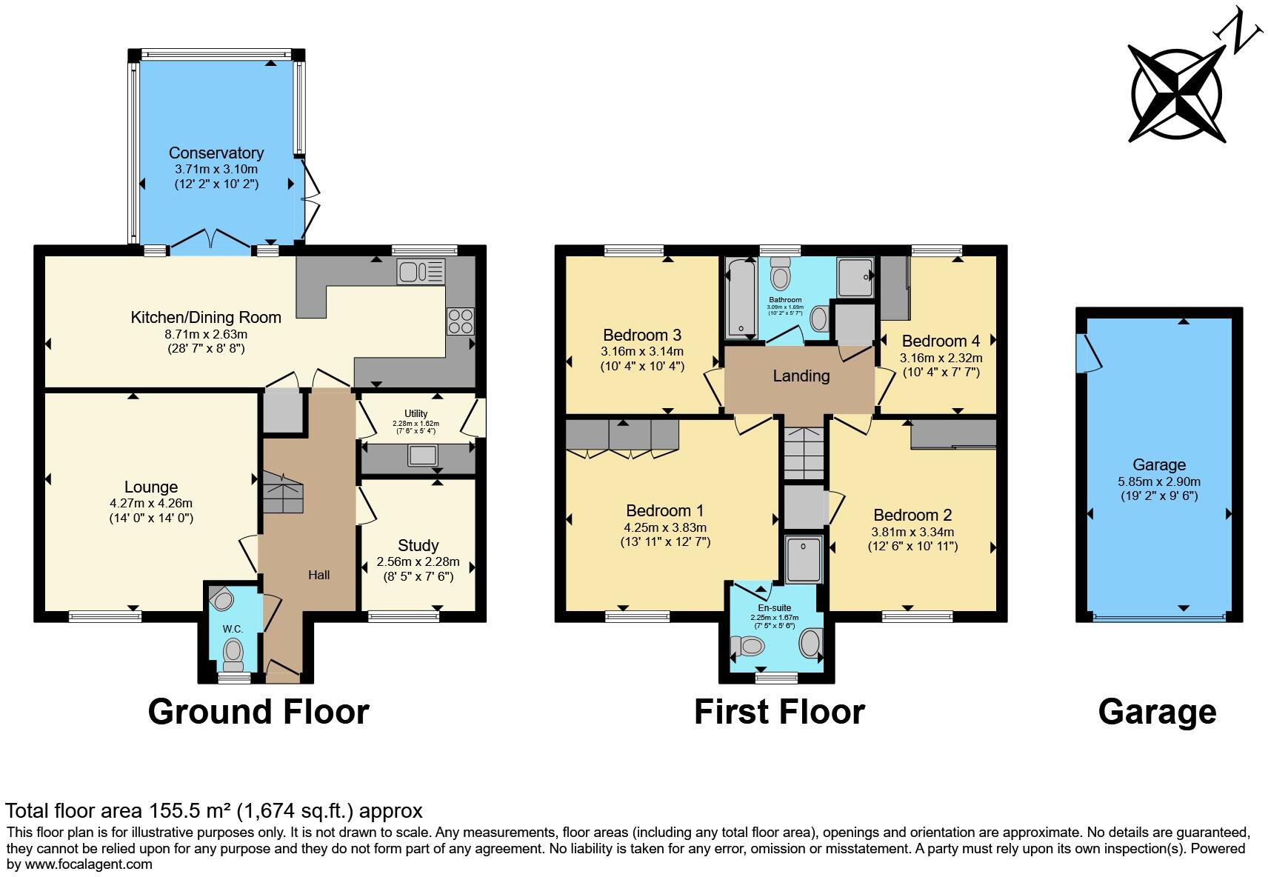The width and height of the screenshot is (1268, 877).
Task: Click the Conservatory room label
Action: point(216,153)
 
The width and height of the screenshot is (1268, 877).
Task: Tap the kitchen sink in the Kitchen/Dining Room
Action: point(420,272)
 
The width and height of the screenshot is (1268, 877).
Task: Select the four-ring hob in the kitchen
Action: point(460,321)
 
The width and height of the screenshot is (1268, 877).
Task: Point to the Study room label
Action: point(418,546)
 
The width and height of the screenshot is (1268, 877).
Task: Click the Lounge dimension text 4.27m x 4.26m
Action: point(150,503)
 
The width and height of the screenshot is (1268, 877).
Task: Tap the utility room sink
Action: point(422,456)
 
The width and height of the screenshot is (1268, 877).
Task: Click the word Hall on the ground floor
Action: point(318,575)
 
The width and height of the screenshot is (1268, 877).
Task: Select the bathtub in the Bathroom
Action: point(738,298)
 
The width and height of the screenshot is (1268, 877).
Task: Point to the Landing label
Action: point(801,376)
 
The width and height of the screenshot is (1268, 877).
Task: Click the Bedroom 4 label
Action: point(941,341)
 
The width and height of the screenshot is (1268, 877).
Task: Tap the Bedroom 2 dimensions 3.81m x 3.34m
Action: point(912,532)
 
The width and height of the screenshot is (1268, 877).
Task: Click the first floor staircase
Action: point(804,453)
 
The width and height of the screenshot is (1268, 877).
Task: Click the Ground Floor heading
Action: point(258,712)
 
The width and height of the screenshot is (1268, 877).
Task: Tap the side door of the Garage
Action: point(1091,353)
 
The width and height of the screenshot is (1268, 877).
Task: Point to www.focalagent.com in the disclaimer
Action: point(89,864)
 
